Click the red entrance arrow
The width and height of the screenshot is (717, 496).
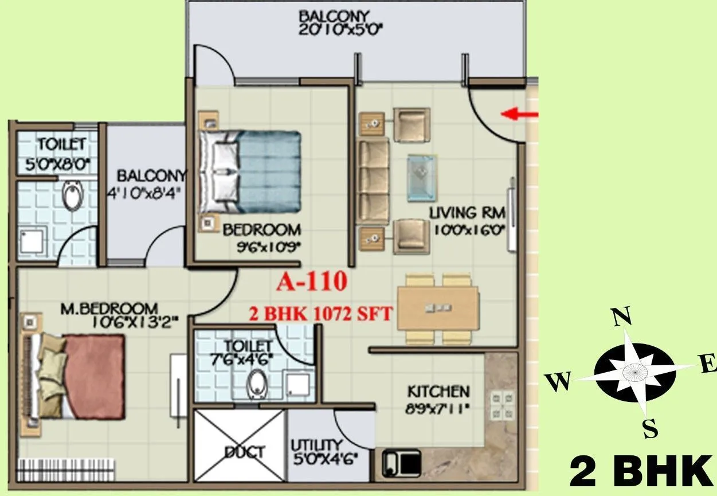click(x=519, y=114)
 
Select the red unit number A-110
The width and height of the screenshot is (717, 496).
click(x=312, y=282)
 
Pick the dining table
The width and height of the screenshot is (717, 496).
click(x=438, y=308)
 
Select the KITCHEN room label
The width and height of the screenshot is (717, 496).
click(x=438, y=392)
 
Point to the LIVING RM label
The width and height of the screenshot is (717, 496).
click(x=467, y=213)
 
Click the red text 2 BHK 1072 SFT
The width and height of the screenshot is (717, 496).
click(x=320, y=314)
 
